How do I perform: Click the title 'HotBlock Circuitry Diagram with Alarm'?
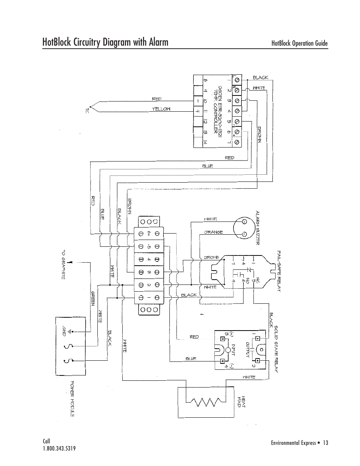(105, 42)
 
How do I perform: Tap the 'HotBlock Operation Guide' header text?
(300, 43)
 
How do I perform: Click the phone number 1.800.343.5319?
(62, 449)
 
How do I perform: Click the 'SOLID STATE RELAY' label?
(276, 349)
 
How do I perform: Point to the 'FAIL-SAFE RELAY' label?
(279, 271)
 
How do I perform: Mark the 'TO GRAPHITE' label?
(63, 265)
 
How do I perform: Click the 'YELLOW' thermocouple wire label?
(161, 109)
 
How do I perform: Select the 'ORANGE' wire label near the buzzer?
(213, 232)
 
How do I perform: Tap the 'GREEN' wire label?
(92, 298)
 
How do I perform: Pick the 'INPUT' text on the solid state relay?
(233, 350)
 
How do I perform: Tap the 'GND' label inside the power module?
(64, 331)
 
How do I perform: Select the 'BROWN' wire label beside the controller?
(260, 134)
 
